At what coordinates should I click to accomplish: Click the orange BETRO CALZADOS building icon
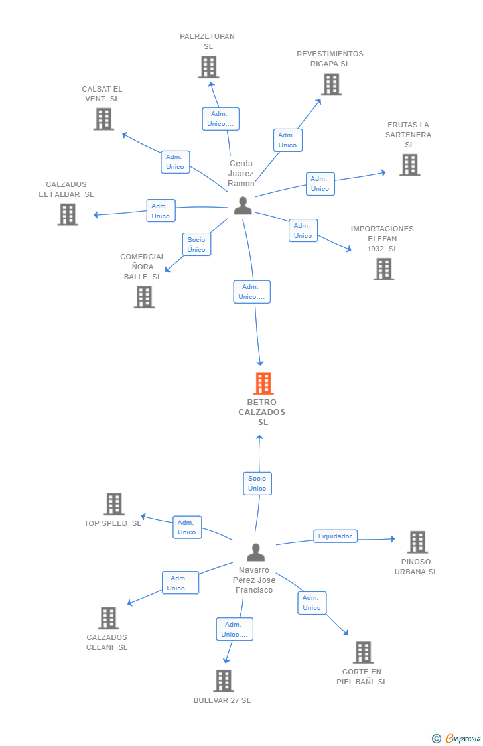click(263, 383)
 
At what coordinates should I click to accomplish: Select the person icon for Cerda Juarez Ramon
click(243, 206)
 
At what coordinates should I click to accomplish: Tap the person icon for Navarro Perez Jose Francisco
click(255, 552)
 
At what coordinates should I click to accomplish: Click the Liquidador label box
click(335, 536)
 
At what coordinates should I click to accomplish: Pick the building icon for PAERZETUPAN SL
click(208, 67)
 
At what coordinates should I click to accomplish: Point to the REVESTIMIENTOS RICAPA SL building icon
click(332, 85)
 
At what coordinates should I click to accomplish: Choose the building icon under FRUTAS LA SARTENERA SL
click(410, 164)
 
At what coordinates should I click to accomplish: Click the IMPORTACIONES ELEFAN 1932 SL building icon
click(383, 269)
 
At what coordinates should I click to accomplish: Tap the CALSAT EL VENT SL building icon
click(103, 119)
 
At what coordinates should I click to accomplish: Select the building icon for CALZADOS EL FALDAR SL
click(68, 214)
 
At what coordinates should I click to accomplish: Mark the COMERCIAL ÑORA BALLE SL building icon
click(144, 297)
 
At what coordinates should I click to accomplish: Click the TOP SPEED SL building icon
click(114, 504)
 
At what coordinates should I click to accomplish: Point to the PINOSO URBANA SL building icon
click(418, 542)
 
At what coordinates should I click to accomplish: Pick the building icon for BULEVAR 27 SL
click(223, 681)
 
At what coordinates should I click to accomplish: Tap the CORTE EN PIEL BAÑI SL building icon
click(363, 653)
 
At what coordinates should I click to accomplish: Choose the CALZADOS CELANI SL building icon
click(108, 618)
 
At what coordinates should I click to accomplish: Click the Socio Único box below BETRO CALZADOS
click(257, 483)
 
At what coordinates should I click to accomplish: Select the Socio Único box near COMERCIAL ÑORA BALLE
click(196, 245)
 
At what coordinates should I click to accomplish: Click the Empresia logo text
click(463, 739)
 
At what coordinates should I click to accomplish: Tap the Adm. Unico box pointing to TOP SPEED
click(187, 527)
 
